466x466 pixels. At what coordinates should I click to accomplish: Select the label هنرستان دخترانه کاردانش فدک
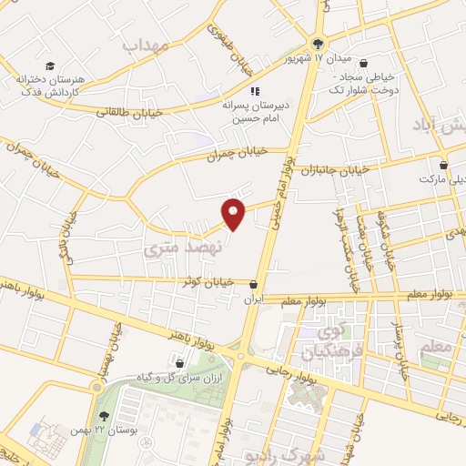51,86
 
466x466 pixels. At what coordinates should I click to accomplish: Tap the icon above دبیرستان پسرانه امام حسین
256,91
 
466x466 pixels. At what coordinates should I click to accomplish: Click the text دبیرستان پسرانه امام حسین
255,112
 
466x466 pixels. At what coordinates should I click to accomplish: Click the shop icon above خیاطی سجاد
364,64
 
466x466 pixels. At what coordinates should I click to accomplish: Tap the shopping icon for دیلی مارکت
443,166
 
